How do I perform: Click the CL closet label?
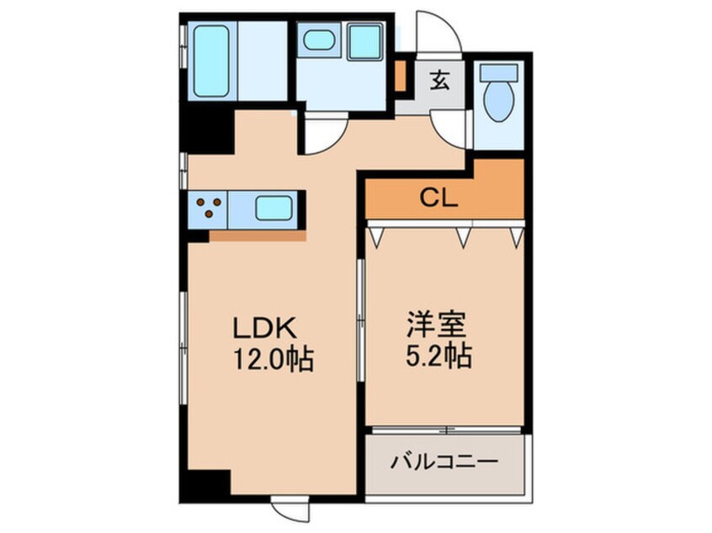(x=438, y=199)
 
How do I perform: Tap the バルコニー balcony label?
(x=445, y=462)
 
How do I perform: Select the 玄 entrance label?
(x=439, y=82)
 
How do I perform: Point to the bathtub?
(x=211, y=61)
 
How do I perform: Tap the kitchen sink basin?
(x=274, y=208)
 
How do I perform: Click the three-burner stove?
(x=208, y=208)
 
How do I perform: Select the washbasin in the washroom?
(x=318, y=40)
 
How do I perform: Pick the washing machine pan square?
(x=364, y=41)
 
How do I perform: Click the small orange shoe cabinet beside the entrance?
(x=401, y=76)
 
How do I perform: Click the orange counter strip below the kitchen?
(x=257, y=236)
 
